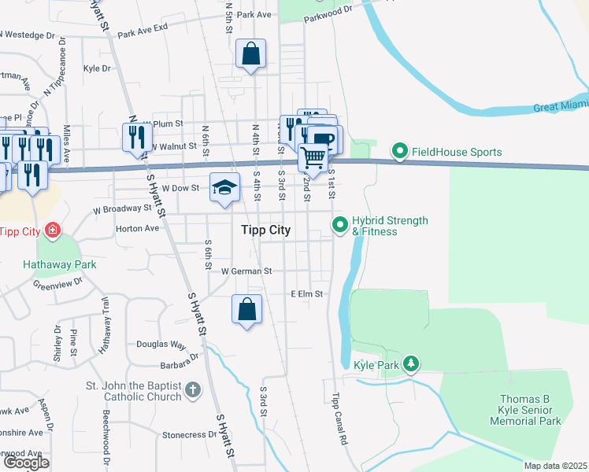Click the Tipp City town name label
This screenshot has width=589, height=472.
[x=265, y=230]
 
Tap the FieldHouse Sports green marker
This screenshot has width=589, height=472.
[x=400, y=150]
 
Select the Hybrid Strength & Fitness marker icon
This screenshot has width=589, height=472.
[x=340, y=225]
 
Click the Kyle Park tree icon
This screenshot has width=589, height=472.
[x=409, y=363]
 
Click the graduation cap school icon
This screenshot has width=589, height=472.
[x=224, y=187]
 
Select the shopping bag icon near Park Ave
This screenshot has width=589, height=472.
[x=250, y=54]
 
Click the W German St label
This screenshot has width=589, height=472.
[x=246, y=271]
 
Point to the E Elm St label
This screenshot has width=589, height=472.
[x=307, y=293]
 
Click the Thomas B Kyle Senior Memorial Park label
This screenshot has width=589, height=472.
[x=530, y=410]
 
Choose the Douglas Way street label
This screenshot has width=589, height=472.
[x=161, y=345]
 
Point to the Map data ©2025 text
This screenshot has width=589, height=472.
[x=556, y=466]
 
